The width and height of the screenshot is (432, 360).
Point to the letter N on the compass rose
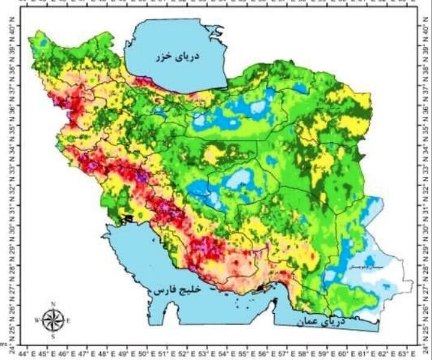(53, 304)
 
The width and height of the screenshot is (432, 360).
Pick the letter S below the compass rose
(53, 337)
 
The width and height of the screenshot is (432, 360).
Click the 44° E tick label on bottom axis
(28, 354)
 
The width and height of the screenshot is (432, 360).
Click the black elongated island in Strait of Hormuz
(259, 289)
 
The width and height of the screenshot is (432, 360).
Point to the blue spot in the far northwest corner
(41, 42)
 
